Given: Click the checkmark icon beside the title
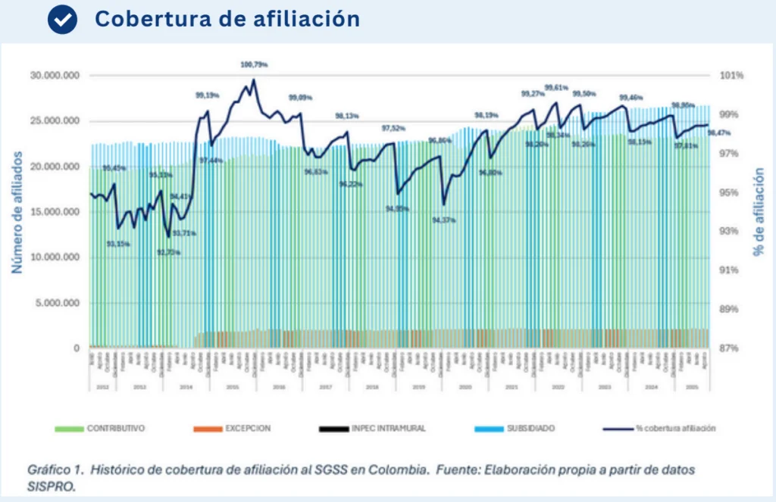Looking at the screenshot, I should click(62, 20).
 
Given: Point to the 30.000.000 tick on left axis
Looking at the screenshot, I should click(53, 76).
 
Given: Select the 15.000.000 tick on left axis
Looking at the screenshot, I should click(53, 212).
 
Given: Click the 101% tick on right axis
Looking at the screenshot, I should click(733, 76).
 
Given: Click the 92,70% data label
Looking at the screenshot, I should click(167, 252).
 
